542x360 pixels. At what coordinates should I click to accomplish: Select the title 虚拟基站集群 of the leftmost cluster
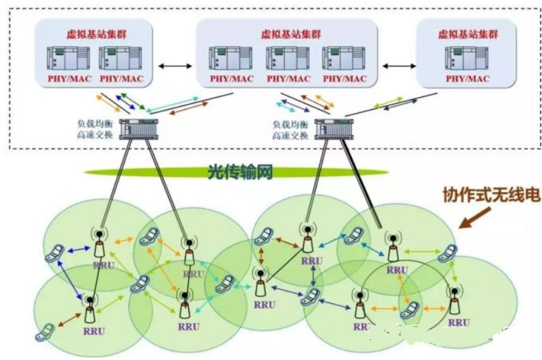pos(94,33)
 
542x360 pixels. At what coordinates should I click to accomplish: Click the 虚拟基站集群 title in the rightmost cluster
pos(467,33)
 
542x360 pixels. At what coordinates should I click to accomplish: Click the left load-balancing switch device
pos(140,130)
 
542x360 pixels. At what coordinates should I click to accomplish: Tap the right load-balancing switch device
pos(329,130)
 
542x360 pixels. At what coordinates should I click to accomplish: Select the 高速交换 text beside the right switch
pos(289,137)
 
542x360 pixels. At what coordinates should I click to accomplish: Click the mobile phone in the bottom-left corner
pos(45,333)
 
